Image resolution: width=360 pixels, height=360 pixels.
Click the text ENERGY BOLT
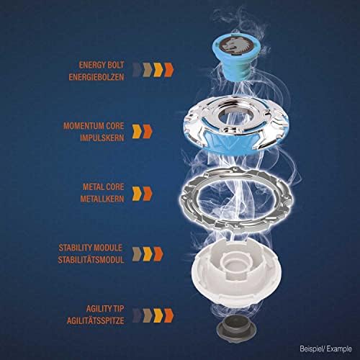tap(105, 63)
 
